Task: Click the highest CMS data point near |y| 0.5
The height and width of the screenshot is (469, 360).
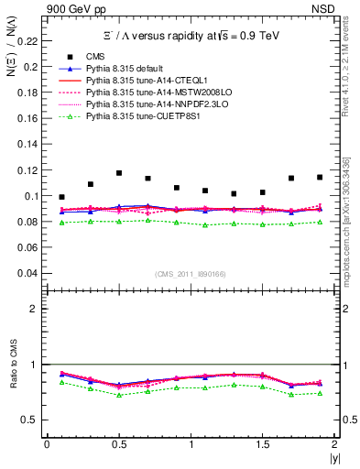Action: [119, 173]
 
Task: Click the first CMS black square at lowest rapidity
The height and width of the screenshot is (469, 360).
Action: [61, 197]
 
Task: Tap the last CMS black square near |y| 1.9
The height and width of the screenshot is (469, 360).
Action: [320, 177]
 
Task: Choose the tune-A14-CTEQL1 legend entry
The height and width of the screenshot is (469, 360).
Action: [137, 81]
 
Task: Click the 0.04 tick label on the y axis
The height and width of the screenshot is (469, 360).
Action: [30, 273]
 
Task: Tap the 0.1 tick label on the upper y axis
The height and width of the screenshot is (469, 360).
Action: [34, 196]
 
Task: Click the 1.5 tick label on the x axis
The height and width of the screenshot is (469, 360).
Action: [262, 444]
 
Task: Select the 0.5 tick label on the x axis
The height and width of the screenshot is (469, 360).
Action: [118, 444]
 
